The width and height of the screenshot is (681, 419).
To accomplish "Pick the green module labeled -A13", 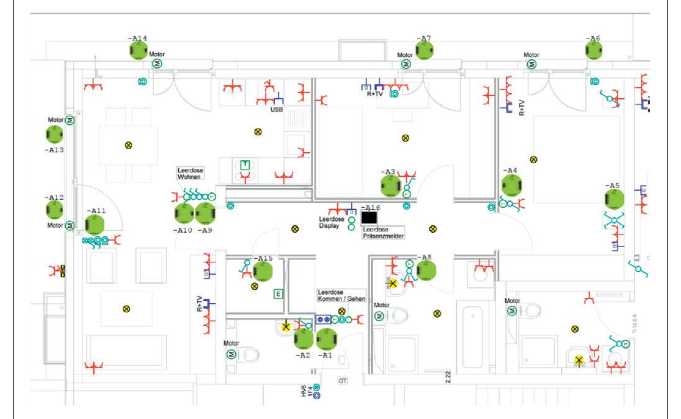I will point(55,134).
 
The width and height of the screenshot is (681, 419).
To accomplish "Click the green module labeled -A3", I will point(390,184).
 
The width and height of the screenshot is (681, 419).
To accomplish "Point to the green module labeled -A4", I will point(510,184).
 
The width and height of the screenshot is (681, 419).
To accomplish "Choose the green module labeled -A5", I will point(615,199).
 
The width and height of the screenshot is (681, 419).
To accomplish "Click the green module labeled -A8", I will point(425,271).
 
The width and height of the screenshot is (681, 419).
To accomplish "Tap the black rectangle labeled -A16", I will point(369,217).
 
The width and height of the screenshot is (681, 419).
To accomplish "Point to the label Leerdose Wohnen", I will point(191,174).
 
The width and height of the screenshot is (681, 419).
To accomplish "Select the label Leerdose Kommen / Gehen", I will point(340,295).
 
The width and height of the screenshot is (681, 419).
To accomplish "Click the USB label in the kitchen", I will point(276,109).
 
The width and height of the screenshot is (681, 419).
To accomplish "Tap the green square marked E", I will point(278,294).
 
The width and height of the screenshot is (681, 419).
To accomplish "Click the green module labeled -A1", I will point(326,338).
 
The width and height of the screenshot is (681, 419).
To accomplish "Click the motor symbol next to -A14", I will point(158,64).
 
